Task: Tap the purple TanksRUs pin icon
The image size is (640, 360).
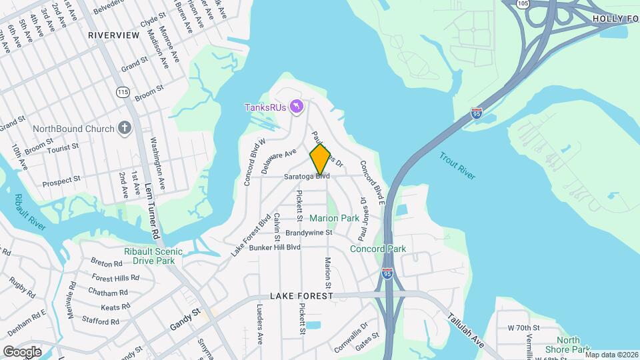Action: pyautogui.click(x=298, y=107)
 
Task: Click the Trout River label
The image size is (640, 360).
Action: pyautogui.click(x=457, y=166)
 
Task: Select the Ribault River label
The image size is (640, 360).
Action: pyautogui.click(x=29, y=212)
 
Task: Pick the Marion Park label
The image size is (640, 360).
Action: pyautogui.click(x=334, y=218)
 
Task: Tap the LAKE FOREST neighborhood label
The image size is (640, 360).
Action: pyautogui.click(x=301, y=295)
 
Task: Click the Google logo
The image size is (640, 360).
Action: pyautogui.click(x=22, y=351)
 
